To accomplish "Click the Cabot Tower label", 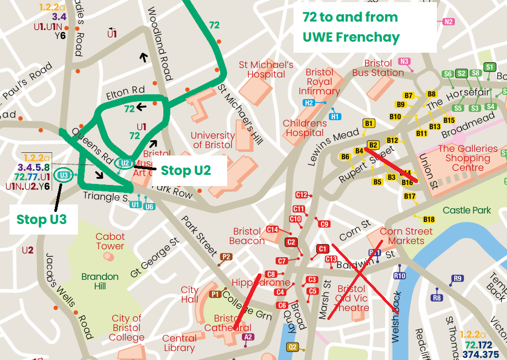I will pyautogui.click(x=110, y=241).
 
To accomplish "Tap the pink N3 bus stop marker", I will pyautogui.click(x=404, y=61).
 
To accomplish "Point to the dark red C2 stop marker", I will pyautogui.click(x=291, y=242).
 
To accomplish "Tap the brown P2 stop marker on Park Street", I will pyautogui.click(x=226, y=257).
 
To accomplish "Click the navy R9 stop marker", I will pyautogui.click(x=457, y=278).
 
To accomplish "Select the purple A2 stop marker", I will pyautogui.click(x=248, y=337).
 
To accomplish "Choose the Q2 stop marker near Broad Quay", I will pyautogui.click(x=292, y=346).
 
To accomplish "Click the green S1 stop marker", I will pyautogui.click(x=490, y=67).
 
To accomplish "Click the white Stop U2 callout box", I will pyautogui.click(x=186, y=170).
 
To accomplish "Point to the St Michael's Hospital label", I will pyautogui.click(x=266, y=70).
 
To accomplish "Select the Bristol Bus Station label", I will pyautogui.click(x=378, y=68).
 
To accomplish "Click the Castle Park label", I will pyautogui.click(x=467, y=210).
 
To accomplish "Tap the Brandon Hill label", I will pyautogui.click(x=100, y=281).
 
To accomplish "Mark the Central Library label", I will pyautogui.click(x=179, y=343).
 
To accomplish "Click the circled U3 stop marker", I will pyautogui.click(x=64, y=175).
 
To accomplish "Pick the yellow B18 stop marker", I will pyautogui.click(x=428, y=219).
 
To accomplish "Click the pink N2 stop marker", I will pyautogui.click(x=448, y=22).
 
